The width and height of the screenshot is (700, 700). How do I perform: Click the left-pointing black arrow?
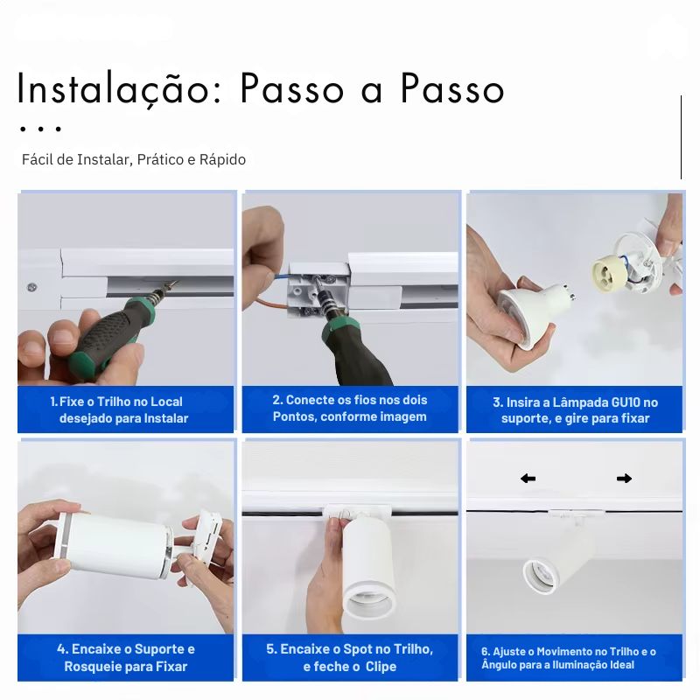528,479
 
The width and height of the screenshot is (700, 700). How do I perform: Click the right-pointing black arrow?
624,479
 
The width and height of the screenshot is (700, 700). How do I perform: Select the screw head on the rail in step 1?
31,288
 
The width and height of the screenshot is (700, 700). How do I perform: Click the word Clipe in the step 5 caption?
381,667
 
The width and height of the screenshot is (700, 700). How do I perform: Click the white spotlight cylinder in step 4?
115,543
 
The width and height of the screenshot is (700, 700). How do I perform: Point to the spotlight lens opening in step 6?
541,575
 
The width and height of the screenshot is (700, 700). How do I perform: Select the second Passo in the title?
452,88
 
